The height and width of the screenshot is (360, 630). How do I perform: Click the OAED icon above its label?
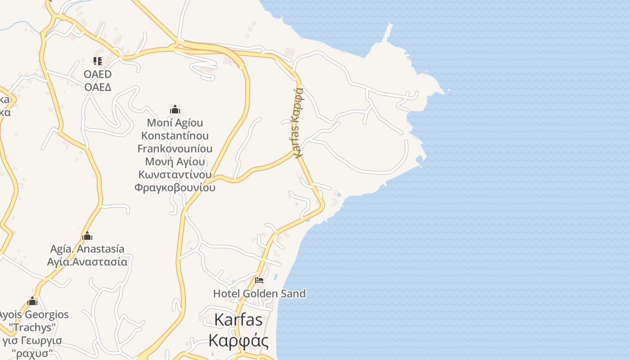(x=98, y=61)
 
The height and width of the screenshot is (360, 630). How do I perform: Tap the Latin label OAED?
(x=98, y=74)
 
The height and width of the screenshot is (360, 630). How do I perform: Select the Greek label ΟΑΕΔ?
(x=98, y=87)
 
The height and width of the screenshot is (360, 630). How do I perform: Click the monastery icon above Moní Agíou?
(x=175, y=109)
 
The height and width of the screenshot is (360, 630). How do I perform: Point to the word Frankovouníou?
(x=175, y=148)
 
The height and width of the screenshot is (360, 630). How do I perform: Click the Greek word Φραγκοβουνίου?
(x=175, y=187)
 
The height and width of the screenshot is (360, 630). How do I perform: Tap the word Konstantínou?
(x=175, y=135)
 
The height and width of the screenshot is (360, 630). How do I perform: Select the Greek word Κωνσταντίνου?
(x=175, y=174)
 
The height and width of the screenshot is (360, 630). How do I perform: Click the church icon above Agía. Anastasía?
(x=87, y=236)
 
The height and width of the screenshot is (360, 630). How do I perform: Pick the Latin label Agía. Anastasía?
(x=87, y=249)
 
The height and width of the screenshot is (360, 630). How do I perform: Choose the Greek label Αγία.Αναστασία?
(x=87, y=261)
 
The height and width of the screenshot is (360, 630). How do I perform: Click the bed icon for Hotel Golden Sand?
(x=259, y=280)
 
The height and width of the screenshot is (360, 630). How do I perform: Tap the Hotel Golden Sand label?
(x=259, y=293)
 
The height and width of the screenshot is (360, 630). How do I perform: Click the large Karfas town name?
(x=238, y=319)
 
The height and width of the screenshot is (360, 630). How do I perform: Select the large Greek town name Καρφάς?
(x=238, y=340)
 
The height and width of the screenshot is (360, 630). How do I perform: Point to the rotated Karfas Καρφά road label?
(x=298, y=122)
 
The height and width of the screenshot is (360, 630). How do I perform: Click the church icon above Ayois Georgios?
(x=32, y=301)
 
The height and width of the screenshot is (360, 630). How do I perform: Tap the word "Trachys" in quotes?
(x=32, y=327)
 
